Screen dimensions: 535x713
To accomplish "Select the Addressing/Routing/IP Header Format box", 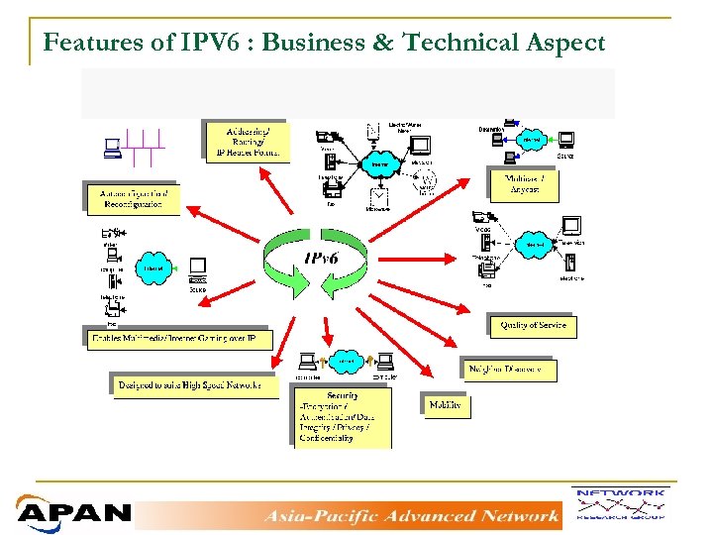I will (247, 141).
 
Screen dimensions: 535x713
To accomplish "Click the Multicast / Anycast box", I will (524, 183).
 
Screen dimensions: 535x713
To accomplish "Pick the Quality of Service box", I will (532, 325).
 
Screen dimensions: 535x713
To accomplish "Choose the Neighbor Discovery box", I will (509, 370).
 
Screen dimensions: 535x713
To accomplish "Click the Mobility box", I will (445, 405).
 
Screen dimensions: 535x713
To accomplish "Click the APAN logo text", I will (73, 513).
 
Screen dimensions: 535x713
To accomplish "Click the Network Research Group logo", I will (620, 504).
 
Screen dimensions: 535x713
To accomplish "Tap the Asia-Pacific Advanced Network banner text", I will (410, 515).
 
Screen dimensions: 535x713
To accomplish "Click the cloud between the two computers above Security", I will (345, 362).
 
